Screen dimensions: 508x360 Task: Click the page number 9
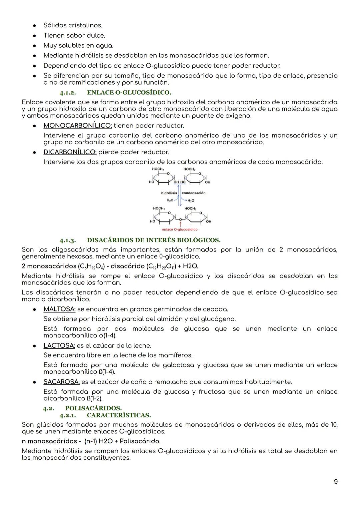[x=336, y=482]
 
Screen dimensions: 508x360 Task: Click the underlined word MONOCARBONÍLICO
[x=77, y=126]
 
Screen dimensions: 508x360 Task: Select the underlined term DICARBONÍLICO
[x=70, y=152]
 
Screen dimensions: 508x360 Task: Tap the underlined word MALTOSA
[x=59, y=309]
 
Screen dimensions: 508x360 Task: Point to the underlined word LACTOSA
[x=59, y=345]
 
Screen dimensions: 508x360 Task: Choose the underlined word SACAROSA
[x=61, y=382]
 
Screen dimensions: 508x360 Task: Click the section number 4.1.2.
[x=68, y=92]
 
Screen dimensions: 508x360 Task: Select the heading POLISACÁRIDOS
[x=93, y=408]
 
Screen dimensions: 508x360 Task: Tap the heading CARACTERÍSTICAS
[x=119, y=415]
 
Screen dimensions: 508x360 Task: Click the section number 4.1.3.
[x=68, y=240]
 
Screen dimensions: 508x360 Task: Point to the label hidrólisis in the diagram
[x=169, y=193]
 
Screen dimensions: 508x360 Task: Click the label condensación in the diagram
[x=193, y=193]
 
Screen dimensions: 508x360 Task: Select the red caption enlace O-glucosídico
[x=180, y=230]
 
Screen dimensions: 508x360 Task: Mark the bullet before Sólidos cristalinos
[x=34, y=26]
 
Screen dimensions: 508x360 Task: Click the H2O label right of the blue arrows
[x=191, y=201]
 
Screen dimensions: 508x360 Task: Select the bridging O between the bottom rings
[x=180, y=220]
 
